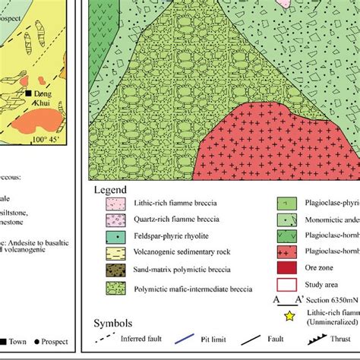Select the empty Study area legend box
point(286,285)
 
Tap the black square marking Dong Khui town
point(28,93)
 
